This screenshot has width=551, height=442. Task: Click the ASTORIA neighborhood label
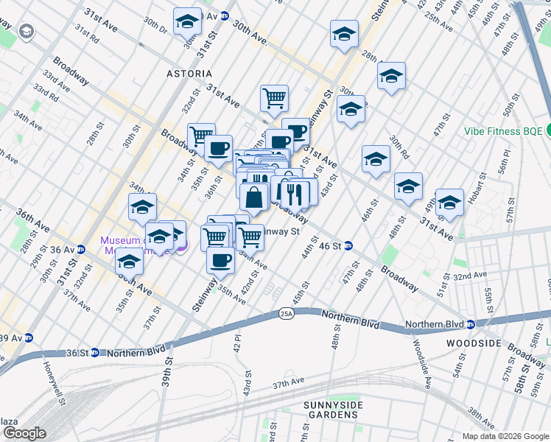pos(189,74)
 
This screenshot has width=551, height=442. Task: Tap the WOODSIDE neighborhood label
pos(474,343)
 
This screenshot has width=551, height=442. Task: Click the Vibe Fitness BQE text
pos(503,132)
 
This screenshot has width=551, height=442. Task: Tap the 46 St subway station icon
pos(348,246)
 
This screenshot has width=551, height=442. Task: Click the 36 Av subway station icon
pos(82,249)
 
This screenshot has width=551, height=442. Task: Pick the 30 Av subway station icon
pos(225,15)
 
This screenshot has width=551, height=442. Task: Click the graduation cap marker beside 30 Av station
pos(187,21)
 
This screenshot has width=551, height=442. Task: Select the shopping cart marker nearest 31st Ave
pos(274,97)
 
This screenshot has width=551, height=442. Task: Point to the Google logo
pos(24,433)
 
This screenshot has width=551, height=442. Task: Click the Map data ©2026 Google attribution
pos(506,436)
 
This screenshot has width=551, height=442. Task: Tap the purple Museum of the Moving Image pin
pos(183,245)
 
